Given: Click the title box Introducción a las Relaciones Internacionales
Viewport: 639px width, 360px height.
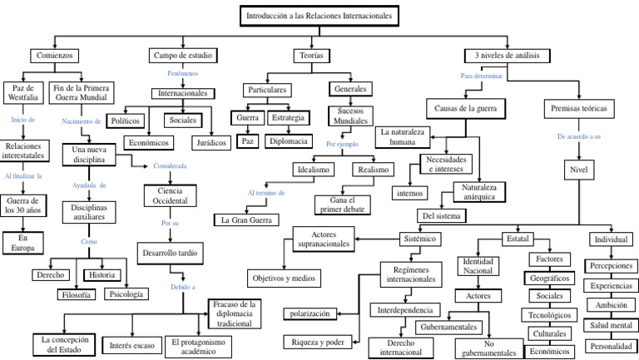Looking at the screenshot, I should pos(318,16).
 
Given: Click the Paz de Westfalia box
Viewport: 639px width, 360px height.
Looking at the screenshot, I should pos(23,94).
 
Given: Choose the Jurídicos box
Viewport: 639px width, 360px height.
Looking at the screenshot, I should pos(213,142).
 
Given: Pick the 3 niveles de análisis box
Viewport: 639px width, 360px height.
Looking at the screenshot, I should pos(508,56).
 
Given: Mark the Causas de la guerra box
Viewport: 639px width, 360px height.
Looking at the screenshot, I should pos(463,108).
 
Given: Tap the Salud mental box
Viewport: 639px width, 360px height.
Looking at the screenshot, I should pos(611,325).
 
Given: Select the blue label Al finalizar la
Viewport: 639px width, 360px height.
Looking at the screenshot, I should pos(23,176).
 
